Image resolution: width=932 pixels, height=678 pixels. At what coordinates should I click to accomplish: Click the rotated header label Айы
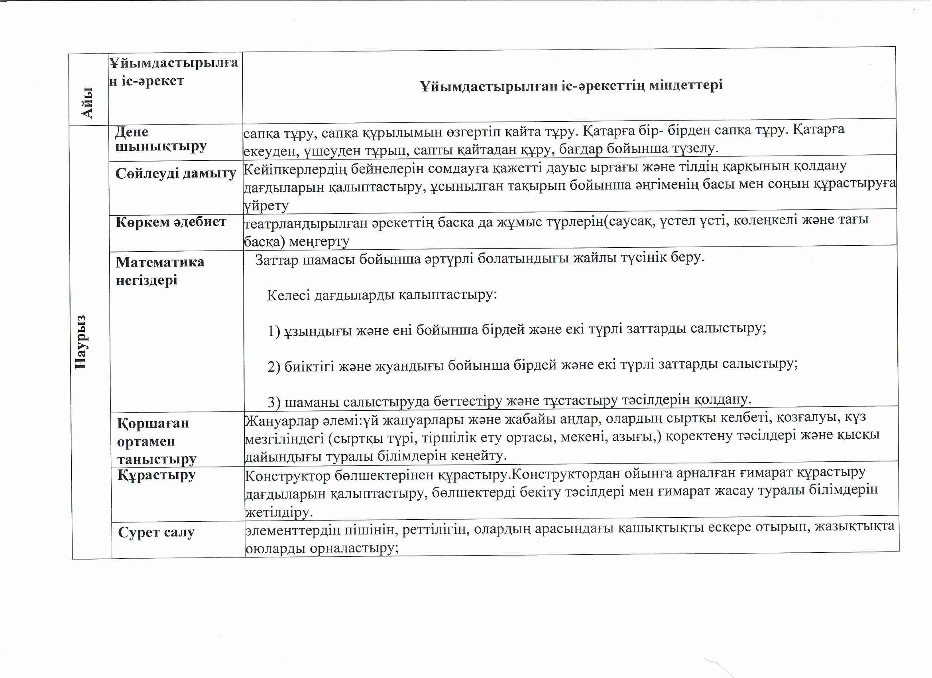87,102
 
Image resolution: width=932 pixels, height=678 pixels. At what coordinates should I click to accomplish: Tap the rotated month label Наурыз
81,342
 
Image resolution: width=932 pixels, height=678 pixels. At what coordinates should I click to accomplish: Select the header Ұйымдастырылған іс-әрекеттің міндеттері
571,85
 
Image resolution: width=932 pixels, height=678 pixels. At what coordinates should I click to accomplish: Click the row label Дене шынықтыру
160,139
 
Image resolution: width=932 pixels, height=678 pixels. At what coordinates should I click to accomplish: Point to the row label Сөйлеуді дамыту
175,173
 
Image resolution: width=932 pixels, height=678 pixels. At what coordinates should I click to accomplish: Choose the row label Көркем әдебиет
171,222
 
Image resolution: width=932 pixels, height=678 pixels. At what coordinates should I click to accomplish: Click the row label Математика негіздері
160,270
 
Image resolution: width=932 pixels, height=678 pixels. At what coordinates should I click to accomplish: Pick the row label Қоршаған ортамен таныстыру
156,441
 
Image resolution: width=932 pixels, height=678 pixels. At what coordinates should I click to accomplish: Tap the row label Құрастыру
156,475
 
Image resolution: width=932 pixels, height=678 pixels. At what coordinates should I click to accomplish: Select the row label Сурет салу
156,532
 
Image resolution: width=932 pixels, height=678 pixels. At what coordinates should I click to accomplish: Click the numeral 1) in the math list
274,331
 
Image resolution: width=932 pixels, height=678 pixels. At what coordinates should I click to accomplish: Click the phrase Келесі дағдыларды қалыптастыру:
382,295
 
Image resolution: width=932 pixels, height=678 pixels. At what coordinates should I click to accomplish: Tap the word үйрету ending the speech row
266,205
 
